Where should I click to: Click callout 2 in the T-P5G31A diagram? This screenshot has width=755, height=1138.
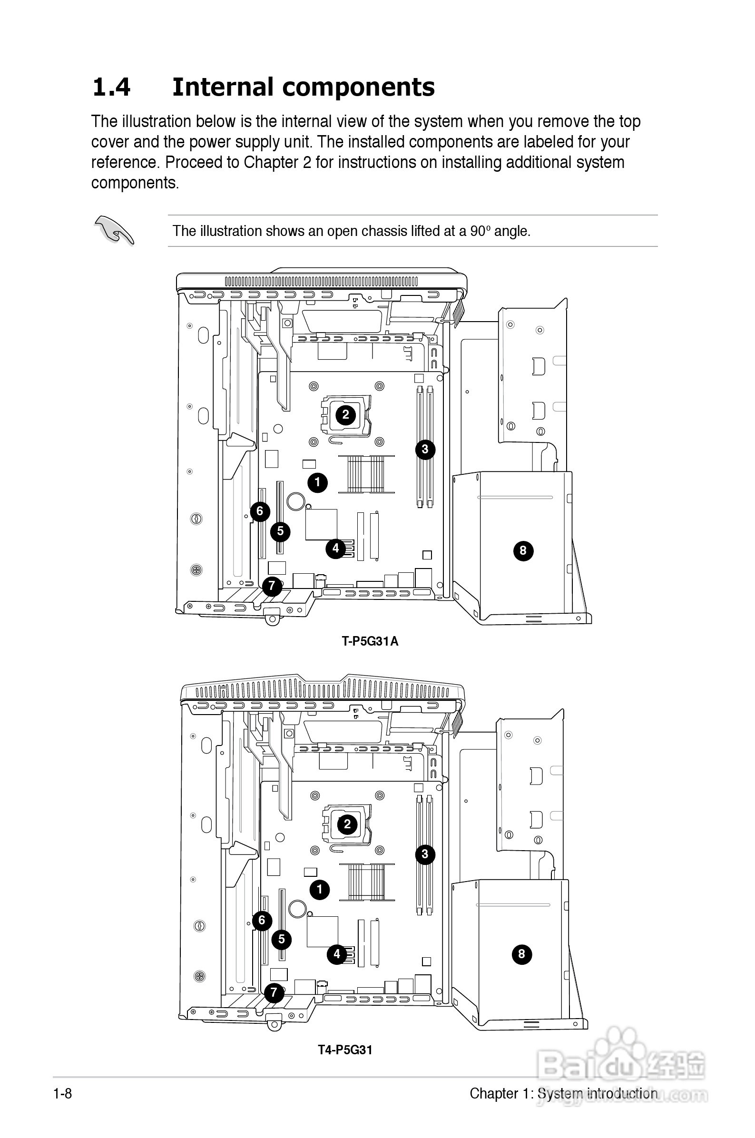point(345,414)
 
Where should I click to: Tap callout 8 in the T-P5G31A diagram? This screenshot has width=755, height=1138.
point(523,551)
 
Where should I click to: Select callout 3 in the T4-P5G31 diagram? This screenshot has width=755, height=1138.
point(425,854)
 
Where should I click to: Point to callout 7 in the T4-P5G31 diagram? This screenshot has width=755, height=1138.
point(274,991)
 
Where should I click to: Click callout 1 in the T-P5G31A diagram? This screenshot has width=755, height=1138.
point(317,482)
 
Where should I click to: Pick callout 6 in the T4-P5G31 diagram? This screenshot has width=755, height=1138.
point(262,921)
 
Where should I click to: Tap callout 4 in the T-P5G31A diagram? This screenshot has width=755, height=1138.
point(335,548)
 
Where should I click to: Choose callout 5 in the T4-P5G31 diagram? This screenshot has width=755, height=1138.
point(282,939)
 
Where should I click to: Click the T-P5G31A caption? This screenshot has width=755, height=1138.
point(370,641)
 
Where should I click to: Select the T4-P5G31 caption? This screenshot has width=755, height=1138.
point(345,1050)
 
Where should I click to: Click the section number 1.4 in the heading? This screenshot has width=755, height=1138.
point(111,88)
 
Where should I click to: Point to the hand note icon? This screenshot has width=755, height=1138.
point(114,230)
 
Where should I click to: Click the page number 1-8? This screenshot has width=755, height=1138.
point(63,1094)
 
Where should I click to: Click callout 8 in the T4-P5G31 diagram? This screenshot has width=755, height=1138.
point(521,953)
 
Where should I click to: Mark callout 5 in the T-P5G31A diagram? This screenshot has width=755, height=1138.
point(280,531)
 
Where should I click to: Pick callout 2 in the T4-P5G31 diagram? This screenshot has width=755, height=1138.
point(347,824)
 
